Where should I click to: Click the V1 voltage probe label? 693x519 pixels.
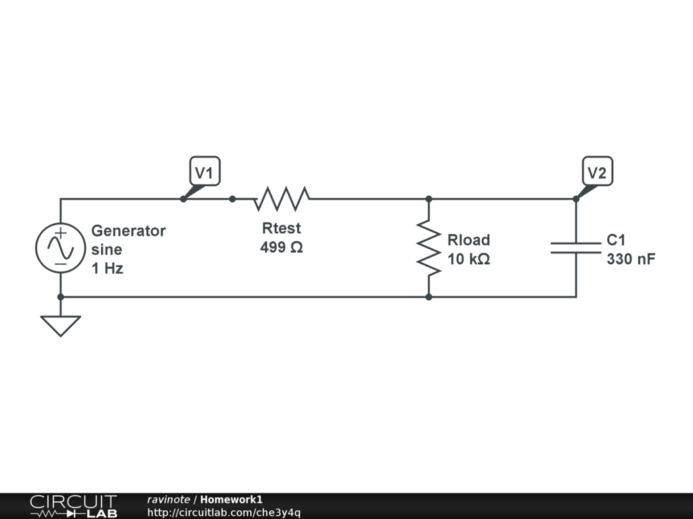[204, 173]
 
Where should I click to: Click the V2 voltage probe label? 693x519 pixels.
[596, 173]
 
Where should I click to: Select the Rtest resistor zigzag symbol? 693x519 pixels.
[282, 199]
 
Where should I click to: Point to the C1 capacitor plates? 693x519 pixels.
[576, 248]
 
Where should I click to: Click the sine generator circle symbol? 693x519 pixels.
[60, 248]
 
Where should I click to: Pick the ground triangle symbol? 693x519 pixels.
[60, 325]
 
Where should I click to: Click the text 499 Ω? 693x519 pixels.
[282, 247]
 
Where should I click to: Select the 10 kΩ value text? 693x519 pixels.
[468, 259]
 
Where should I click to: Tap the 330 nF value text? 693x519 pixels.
[631, 259]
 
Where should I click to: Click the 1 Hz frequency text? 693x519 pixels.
[107, 268]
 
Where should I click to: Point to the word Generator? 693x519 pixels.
[129, 230]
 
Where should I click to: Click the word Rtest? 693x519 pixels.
[282, 228]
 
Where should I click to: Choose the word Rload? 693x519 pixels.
[468, 240]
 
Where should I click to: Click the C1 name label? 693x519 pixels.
[616, 240]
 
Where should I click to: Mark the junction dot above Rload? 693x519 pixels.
[429, 199]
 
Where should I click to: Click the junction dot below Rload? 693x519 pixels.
[429, 297]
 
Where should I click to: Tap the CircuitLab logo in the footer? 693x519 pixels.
[73, 506]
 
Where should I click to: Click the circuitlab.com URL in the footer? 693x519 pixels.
[223, 512]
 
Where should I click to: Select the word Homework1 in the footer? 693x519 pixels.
[231, 499]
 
